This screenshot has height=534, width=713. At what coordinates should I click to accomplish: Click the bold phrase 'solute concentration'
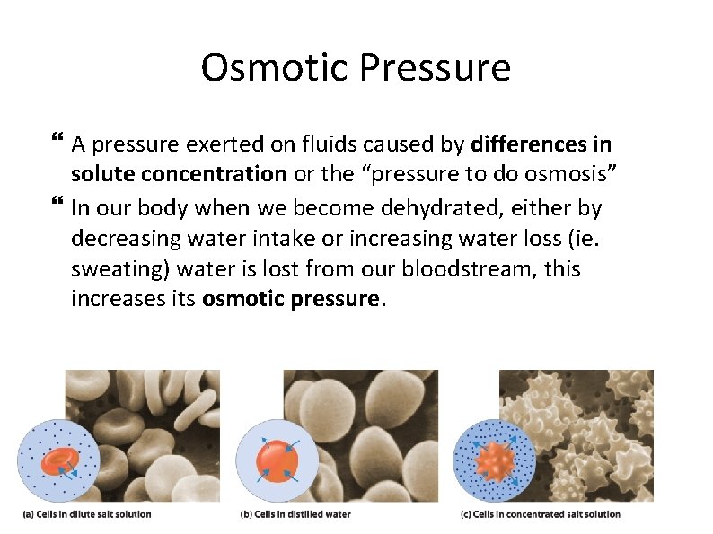click(178, 175)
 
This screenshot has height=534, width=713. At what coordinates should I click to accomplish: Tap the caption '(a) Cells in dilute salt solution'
click(87, 514)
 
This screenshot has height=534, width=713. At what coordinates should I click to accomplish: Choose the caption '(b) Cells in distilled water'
click(295, 514)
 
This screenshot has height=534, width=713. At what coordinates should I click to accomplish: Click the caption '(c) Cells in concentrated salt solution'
click(540, 514)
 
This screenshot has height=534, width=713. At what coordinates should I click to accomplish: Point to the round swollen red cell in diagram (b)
click(277, 460)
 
